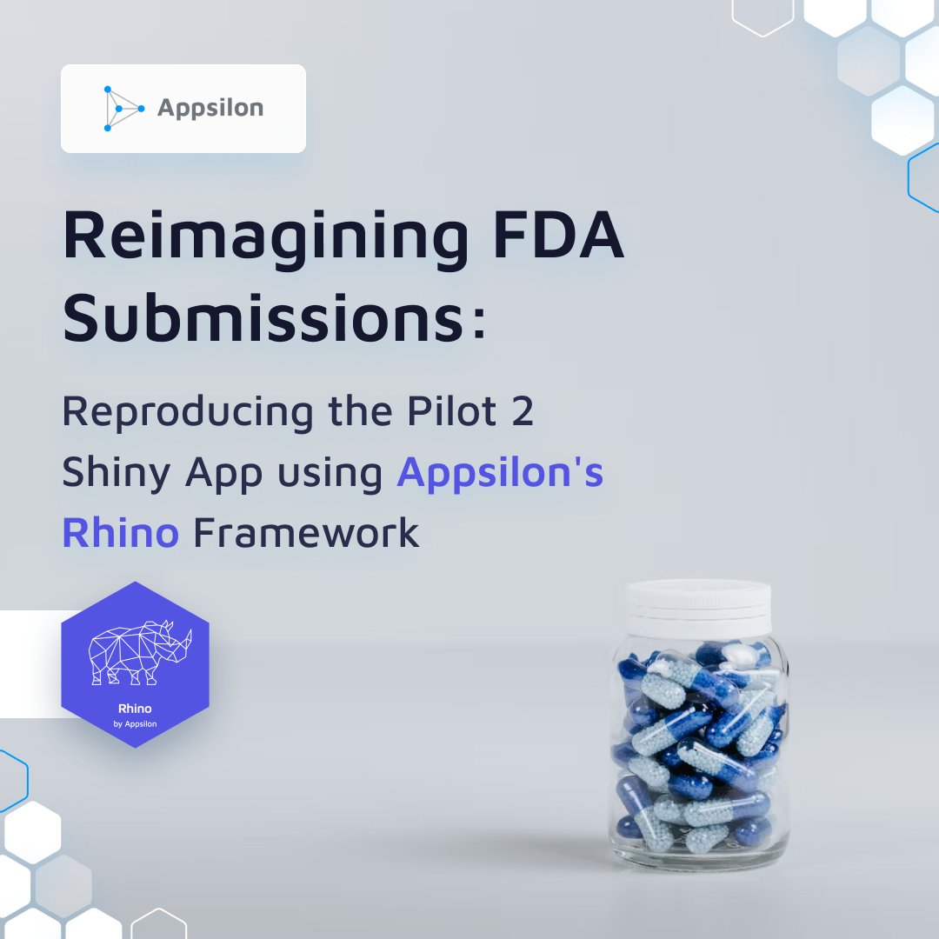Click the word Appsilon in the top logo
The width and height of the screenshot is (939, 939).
click(210, 109)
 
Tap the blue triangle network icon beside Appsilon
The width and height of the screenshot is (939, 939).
click(121, 109)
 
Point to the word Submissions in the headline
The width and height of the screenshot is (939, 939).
click(260, 319)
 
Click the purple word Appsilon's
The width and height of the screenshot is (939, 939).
click(500, 474)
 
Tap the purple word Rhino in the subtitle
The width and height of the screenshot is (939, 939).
click(120, 532)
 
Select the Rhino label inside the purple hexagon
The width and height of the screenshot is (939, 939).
click(135, 709)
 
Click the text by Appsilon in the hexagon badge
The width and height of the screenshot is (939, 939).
click(136, 723)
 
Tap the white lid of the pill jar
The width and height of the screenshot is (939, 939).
click(700, 600)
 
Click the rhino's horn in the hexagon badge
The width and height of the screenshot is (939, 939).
click(185, 638)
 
